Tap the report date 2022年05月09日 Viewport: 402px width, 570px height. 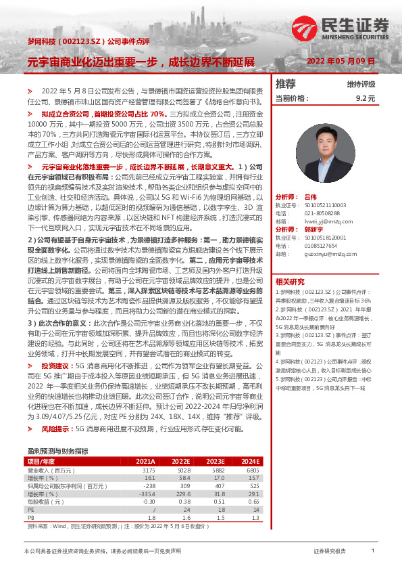tap(341, 61)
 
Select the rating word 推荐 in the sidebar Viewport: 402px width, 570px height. tap(286, 84)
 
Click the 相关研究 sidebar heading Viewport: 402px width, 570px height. tap(290, 282)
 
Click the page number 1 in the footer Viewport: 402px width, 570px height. tap(373, 551)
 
